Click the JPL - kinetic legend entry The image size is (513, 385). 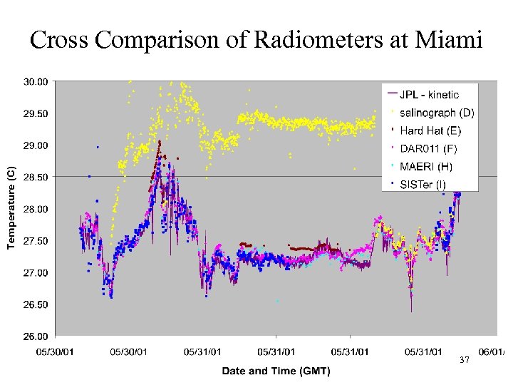coord(429,94)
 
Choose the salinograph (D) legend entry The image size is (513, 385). coord(436,113)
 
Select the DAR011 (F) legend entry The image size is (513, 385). coord(428,148)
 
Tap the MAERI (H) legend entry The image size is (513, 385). coord(425,166)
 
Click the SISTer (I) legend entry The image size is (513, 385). coord(423,184)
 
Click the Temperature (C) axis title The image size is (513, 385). coord(11,208)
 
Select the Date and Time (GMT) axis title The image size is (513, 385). coord(276,370)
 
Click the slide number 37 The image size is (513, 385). coord(465,360)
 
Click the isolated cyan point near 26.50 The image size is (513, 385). coord(277,302)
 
